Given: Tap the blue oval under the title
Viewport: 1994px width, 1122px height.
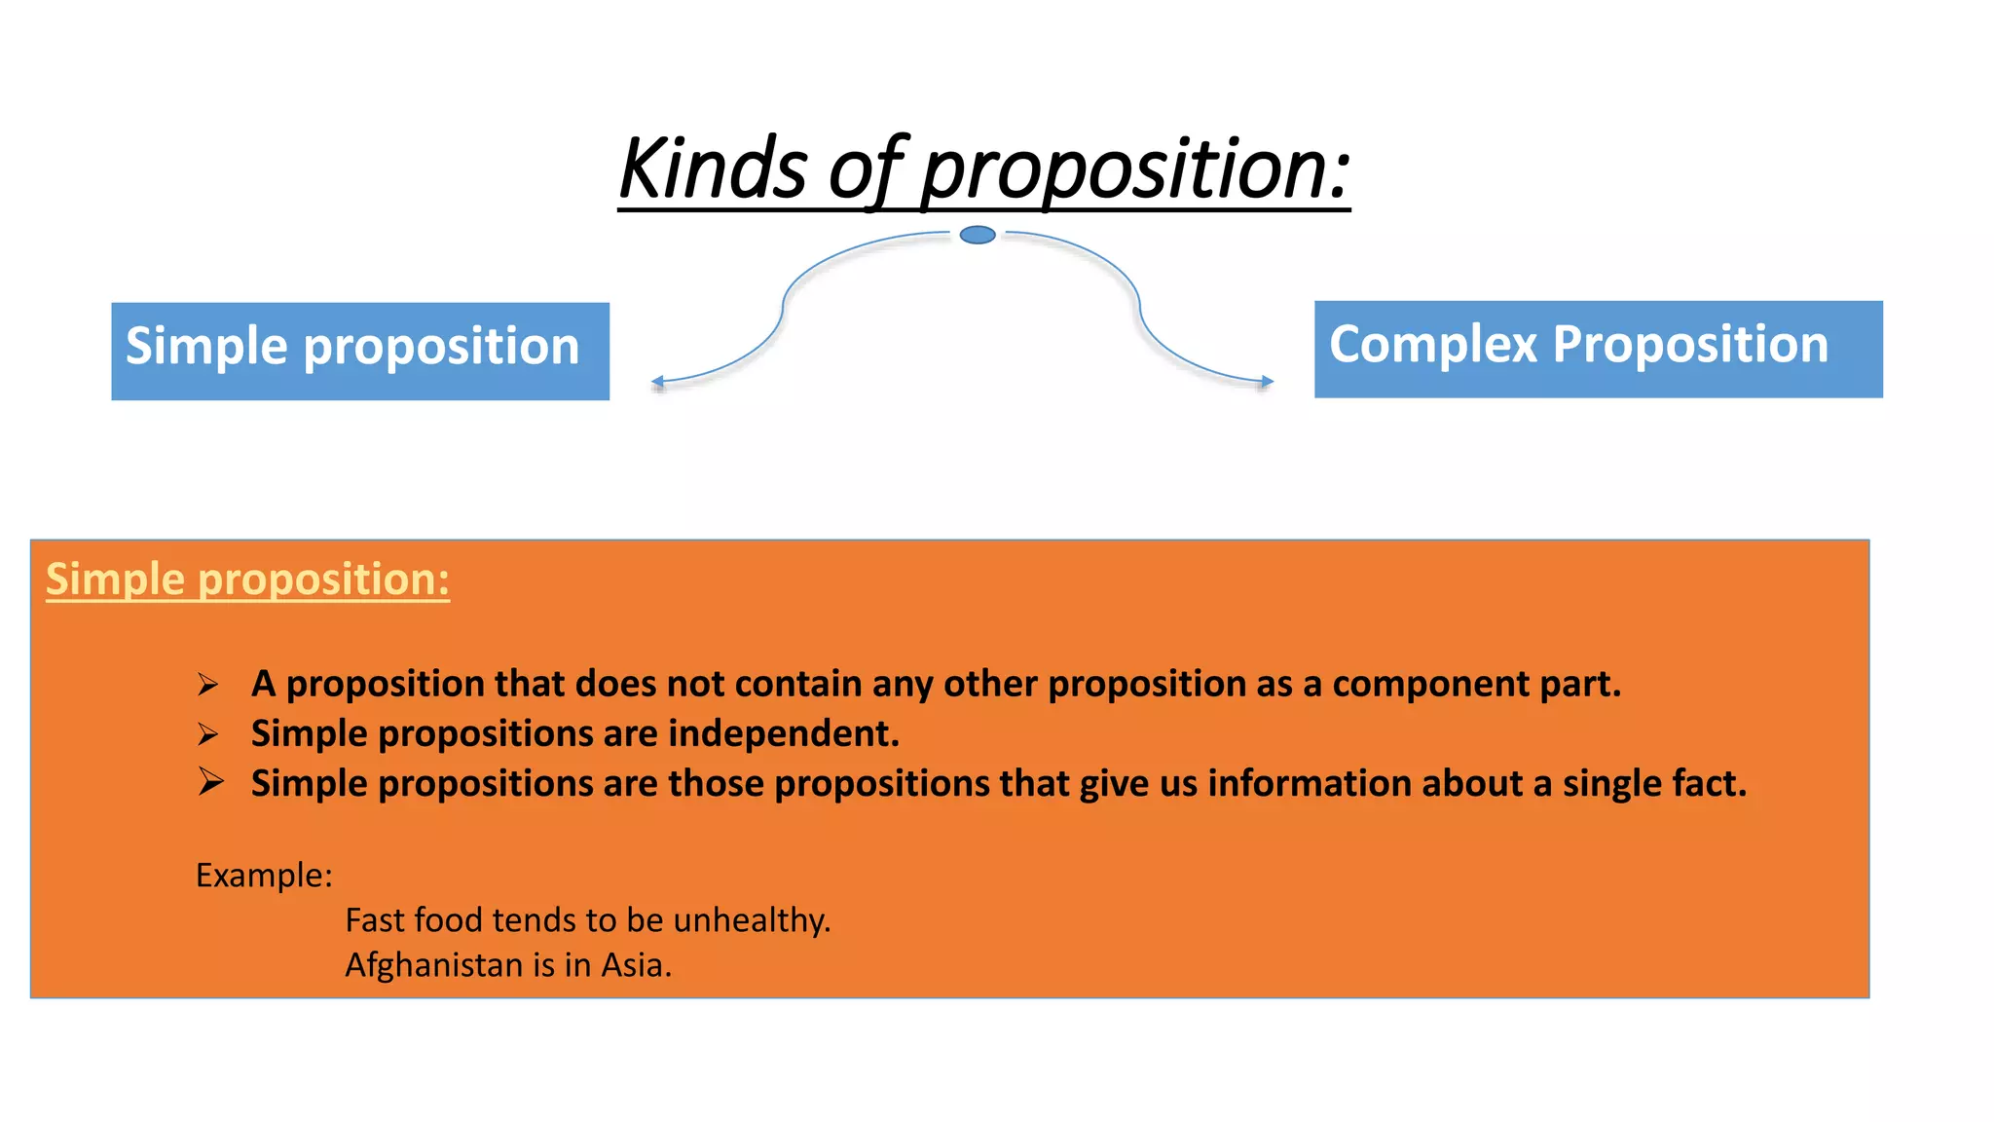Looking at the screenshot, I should click(978, 235).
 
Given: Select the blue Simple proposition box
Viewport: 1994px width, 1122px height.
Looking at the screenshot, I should click(360, 351).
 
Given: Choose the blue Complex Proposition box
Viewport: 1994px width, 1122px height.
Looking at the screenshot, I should click(1598, 349).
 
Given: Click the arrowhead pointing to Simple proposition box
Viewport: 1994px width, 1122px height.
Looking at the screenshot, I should click(658, 382).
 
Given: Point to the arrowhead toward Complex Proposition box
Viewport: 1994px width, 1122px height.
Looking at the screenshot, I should click(1267, 382).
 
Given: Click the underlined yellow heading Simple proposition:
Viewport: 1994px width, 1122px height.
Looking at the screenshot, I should click(247, 580).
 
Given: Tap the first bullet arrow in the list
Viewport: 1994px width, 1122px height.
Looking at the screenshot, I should click(207, 685).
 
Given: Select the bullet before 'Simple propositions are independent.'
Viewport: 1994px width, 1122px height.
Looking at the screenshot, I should click(207, 734).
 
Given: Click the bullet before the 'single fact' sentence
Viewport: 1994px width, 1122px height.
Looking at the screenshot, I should click(210, 782).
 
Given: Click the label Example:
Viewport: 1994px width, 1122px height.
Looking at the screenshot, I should click(264, 876).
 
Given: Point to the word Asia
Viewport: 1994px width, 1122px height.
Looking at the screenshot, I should click(636, 965).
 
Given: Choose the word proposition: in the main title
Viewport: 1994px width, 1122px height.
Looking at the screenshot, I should click(1135, 169).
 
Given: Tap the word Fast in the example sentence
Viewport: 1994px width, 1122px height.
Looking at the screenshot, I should click(375, 920).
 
